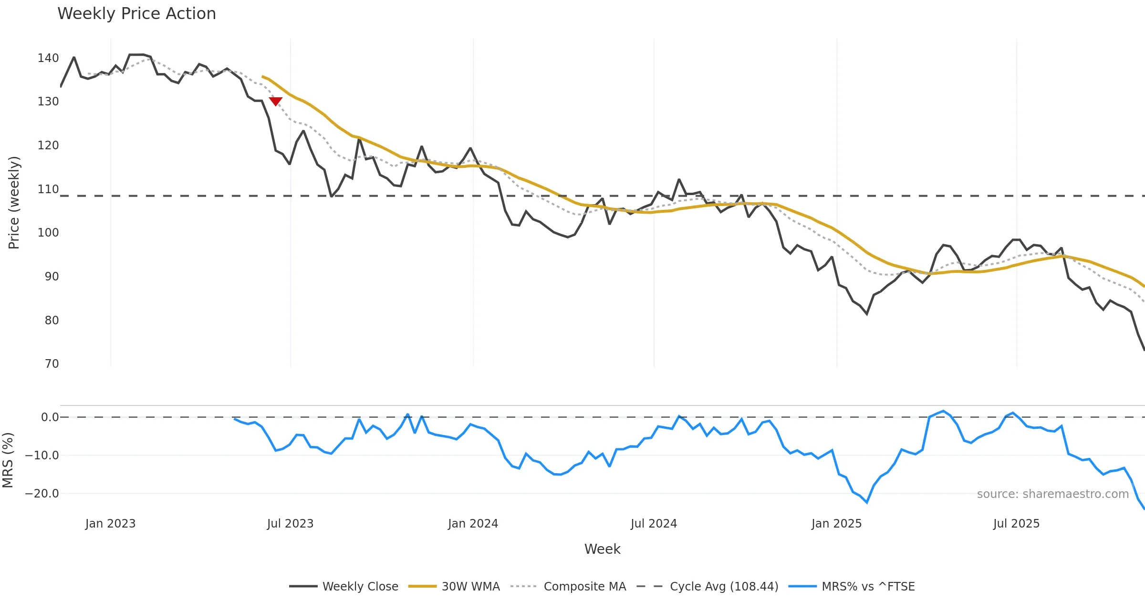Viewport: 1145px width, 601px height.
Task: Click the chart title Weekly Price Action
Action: [x=136, y=14]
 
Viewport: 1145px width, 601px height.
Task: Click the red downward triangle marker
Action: [x=275, y=101]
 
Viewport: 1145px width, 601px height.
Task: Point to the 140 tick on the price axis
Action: [x=48, y=58]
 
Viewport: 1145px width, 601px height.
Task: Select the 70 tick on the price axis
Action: [x=52, y=364]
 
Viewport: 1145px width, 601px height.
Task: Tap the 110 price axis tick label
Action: [x=48, y=189]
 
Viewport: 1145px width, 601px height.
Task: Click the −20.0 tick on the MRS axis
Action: [x=42, y=494]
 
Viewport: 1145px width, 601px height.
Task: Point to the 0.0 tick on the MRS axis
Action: [x=50, y=417]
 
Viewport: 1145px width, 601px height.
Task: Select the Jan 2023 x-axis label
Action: [x=110, y=524]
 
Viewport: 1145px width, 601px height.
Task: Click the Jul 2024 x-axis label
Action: [x=654, y=524]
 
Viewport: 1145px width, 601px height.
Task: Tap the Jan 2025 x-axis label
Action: [x=836, y=524]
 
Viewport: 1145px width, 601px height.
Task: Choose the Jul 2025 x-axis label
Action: [x=1016, y=524]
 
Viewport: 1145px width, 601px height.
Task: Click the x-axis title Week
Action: [x=602, y=549]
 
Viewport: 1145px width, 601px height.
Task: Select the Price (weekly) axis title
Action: [x=14, y=203]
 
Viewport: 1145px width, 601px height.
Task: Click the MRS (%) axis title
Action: [x=8, y=460]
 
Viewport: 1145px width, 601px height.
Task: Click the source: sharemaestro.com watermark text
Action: [x=1052, y=494]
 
